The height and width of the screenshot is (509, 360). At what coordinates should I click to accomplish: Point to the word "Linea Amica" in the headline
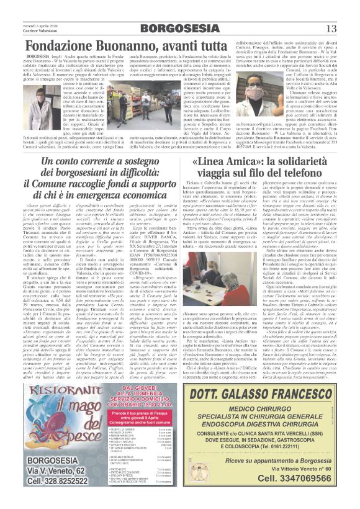(219, 163)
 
